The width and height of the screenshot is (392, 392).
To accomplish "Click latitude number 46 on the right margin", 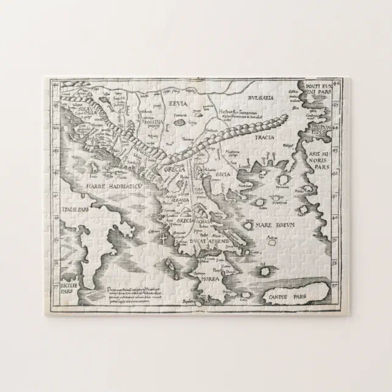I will (338, 82).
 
